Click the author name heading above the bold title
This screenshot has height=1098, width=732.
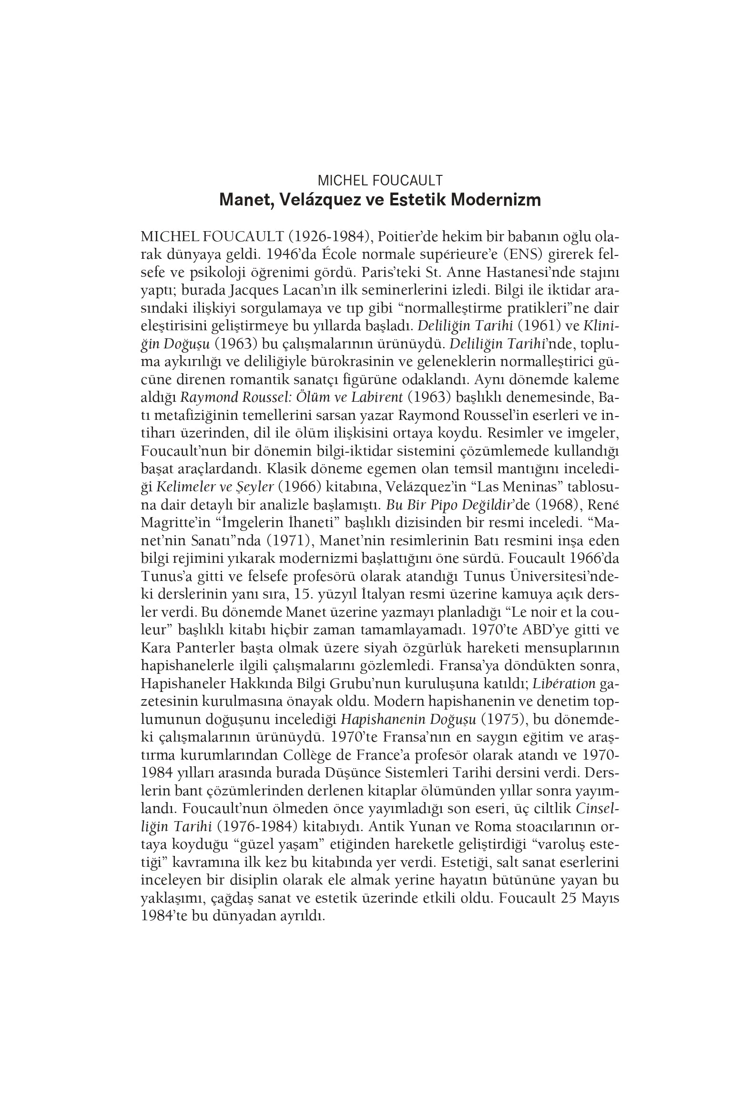(x=380, y=180)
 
